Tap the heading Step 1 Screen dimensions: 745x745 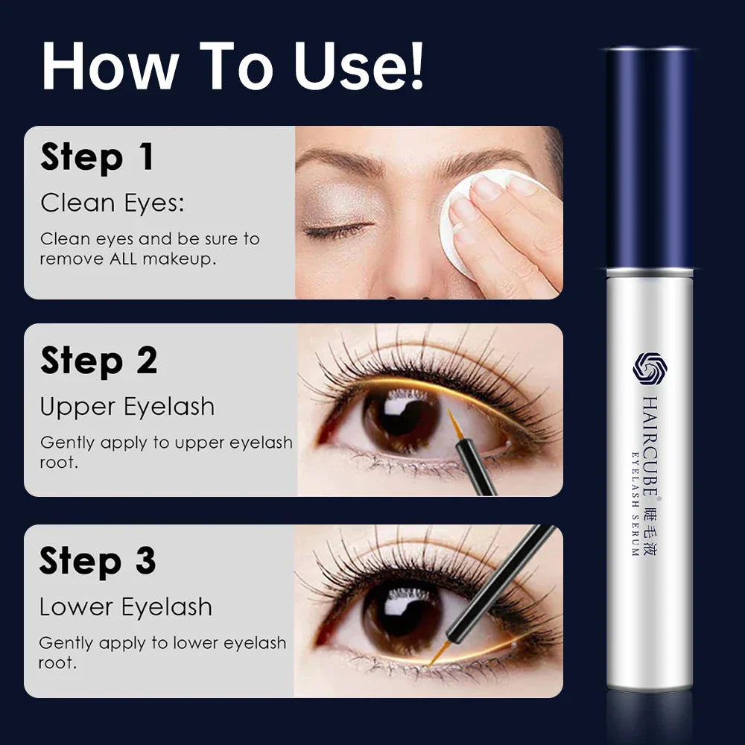click(x=97, y=158)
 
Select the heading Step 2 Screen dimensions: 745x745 click(x=98, y=361)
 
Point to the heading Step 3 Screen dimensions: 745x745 click(x=97, y=561)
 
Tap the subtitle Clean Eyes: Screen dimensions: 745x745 click(x=112, y=203)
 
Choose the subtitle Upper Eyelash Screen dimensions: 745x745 click(x=127, y=407)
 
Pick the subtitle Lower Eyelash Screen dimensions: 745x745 click(x=125, y=607)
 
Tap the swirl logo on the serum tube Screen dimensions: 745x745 click(x=646, y=367)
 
